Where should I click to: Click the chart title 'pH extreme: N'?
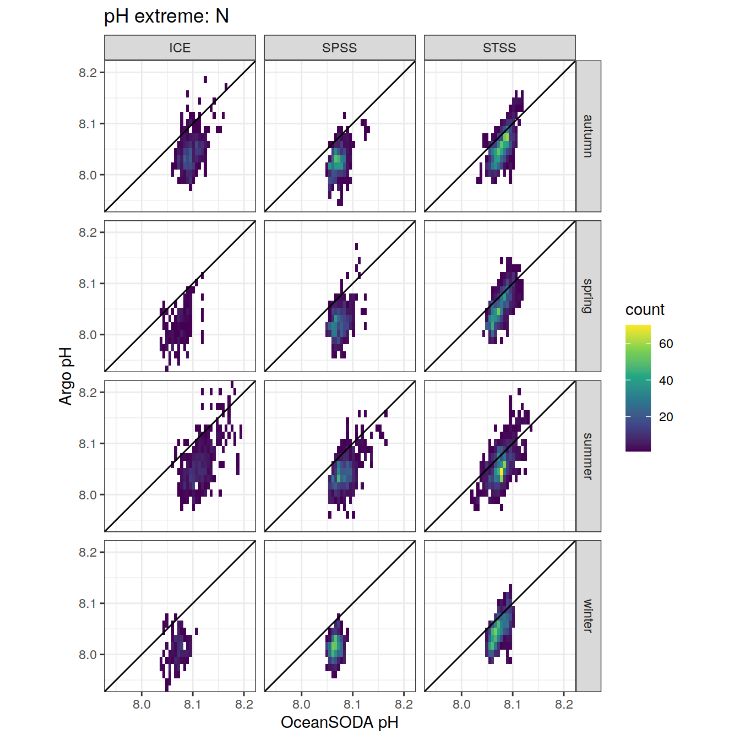click(166, 17)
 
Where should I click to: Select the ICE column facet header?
click(180, 48)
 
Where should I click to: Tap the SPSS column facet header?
click(340, 48)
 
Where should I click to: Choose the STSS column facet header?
click(499, 48)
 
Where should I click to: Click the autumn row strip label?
click(588, 136)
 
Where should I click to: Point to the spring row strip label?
click(588, 296)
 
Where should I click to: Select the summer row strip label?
click(588, 456)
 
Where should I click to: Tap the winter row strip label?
click(588, 616)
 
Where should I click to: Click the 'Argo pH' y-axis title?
click(66, 376)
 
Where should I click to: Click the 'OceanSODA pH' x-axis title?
click(340, 722)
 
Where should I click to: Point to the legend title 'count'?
click(645, 310)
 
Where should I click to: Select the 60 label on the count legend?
click(666, 344)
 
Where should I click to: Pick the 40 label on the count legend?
click(666, 380)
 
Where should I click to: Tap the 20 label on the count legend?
click(666, 417)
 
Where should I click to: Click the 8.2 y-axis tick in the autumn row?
click(88, 73)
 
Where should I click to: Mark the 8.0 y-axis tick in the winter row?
click(88, 655)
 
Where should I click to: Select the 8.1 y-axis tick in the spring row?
click(88, 284)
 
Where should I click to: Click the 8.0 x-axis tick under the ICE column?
click(142, 704)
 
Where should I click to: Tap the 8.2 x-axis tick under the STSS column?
click(564, 704)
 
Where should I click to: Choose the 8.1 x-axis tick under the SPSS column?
click(352, 704)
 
